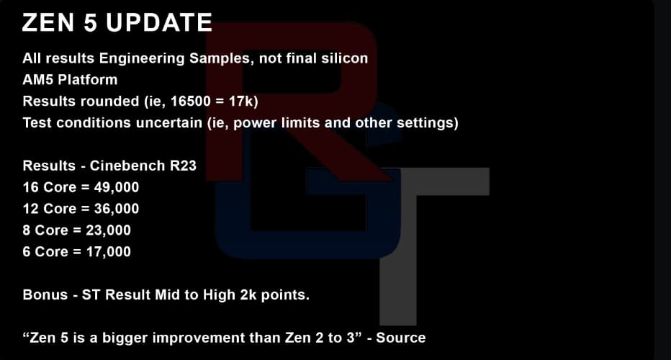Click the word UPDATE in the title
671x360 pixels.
pyautogui.click(x=159, y=22)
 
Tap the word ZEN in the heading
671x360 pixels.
pyautogui.click(x=48, y=22)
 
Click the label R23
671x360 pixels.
pyautogui.click(x=183, y=166)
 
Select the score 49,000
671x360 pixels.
pyautogui.click(x=117, y=187)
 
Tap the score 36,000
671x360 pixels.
pyautogui.click(x=117, y=209)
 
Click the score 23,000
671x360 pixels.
pyautogui.click(x=108, y=230)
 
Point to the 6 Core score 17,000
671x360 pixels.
pyautogui.click(x=108, y=252)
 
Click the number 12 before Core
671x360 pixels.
pyautogui.click(x=31, y=209)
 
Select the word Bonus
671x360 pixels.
pyautogui.click(x=45, y=295)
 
